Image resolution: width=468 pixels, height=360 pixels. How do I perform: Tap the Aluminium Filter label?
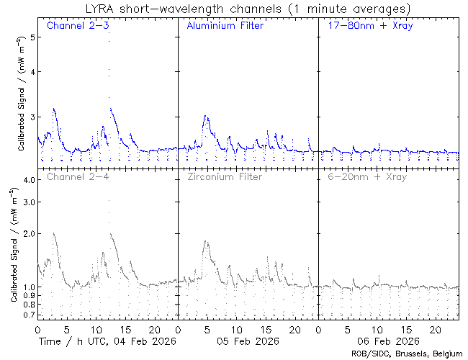225,27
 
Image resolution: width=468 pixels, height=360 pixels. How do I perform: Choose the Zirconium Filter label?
225,176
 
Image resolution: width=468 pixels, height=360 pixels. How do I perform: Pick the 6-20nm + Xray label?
366,176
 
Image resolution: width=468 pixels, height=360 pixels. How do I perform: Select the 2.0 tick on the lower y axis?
28,234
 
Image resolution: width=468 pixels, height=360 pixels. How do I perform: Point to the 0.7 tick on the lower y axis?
28,315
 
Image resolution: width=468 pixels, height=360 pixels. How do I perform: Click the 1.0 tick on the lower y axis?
28,287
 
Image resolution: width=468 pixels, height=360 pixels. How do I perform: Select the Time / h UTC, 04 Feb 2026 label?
107,341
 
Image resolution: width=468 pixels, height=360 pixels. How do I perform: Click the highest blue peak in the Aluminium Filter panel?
206,116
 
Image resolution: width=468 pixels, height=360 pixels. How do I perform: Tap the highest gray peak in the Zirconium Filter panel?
206,241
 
